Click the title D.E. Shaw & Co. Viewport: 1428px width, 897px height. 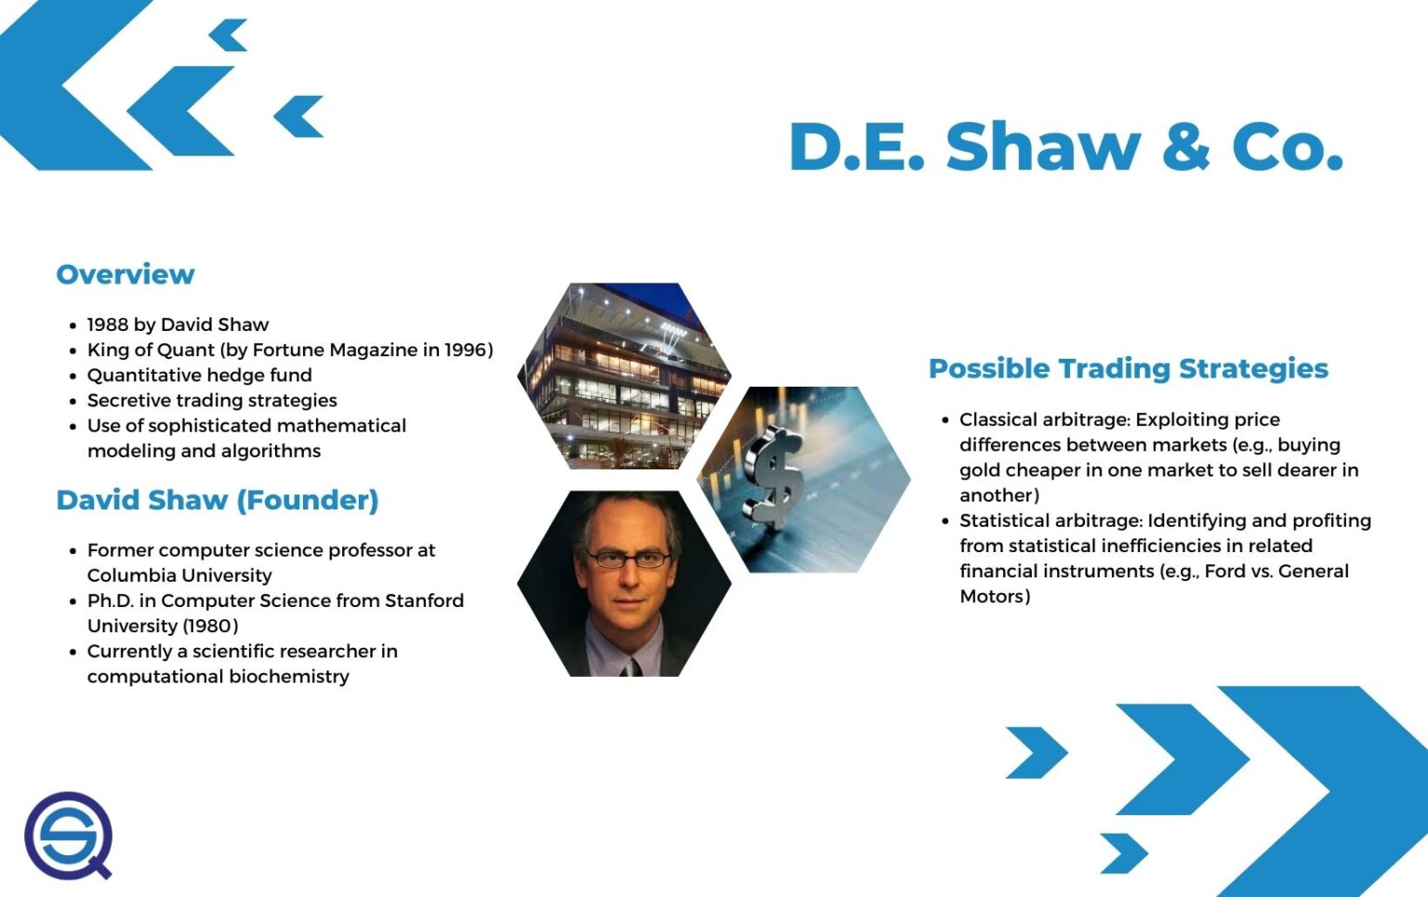tap(1065, 147)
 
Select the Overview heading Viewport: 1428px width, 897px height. tap(126, 274)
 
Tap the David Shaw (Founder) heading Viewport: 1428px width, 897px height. tap(218, 500)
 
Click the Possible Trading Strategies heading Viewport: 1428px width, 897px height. tap(1128, 368)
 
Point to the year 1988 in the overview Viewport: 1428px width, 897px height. tap(108, 324)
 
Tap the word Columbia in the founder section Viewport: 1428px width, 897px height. tap(128, 575)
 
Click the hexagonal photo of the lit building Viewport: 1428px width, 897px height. tap(623, 376)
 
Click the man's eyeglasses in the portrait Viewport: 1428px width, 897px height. tap(627, 559)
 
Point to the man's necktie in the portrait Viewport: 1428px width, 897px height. tap(632, 666)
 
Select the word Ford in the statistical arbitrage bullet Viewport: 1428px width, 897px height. tap(1224, 571)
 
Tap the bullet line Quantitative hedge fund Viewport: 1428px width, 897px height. tap(199, 375)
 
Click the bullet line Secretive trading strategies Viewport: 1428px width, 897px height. tap(212, 401)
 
